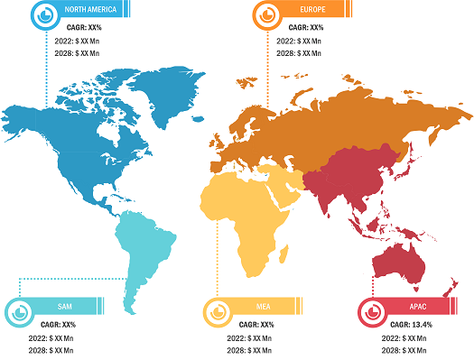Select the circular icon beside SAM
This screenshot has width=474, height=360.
[17, 310]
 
